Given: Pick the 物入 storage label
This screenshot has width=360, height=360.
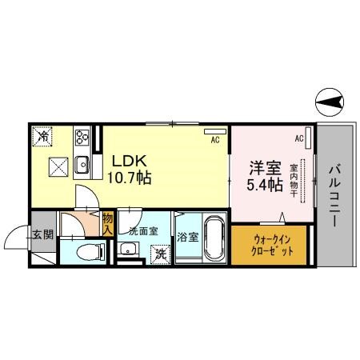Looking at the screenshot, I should click(108, 223).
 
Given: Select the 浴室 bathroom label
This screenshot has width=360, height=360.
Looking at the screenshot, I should click(187, 237).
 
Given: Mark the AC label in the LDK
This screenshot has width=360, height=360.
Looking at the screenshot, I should click(214, 141).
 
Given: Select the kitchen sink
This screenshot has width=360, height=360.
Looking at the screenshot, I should click(82, 165).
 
